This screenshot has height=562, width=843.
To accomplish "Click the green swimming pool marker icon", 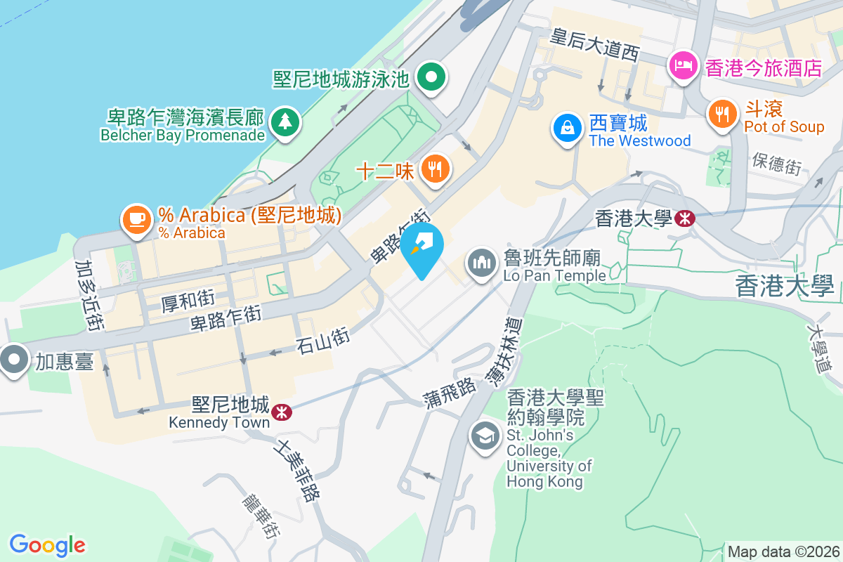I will point(432,77).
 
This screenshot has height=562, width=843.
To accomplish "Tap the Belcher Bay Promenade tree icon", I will point(285,123).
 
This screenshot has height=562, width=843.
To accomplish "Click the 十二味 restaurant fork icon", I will point(436,169).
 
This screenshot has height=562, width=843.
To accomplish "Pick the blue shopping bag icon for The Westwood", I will point(566,128).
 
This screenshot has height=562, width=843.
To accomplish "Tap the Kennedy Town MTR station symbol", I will point(282,412).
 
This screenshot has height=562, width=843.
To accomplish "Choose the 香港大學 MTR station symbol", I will point(684,218).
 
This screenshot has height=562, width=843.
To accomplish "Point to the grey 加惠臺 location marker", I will point(13,361).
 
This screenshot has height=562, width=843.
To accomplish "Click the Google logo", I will point(47,544).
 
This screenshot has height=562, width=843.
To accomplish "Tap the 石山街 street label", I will point(322,342).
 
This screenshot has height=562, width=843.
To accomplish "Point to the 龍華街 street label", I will point(261,515).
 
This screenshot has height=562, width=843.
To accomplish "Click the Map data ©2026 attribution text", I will point(783,551).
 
